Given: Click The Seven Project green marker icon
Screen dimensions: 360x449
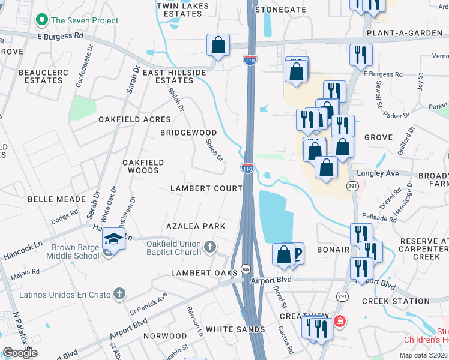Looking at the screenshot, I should click(x=42, y=20).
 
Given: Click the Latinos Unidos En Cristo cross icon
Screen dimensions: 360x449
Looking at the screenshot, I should click(x=119, y=294).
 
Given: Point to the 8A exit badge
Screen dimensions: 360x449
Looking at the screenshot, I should click(x=245, y=268).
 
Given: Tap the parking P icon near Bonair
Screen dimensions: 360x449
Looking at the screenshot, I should click(x=297, y=253).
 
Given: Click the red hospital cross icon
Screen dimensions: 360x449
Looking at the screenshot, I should click(x=339, y=322).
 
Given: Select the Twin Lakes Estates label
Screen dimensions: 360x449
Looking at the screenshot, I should click(x=182, y=9).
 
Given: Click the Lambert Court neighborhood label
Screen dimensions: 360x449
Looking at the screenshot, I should click(x=206, y=188).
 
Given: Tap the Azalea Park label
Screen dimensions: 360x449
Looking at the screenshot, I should click(x=196, y=226).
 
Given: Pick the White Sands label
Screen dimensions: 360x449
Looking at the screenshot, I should click(x=235, y=329).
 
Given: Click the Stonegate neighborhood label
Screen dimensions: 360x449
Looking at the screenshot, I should click(x=276, y=10).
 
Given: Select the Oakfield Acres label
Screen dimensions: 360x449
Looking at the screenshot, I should click(x=135, y=119).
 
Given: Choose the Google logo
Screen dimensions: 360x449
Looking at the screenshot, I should click(x=20, y=353).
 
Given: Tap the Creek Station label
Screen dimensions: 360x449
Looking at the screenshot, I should click(x=395, y=301).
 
